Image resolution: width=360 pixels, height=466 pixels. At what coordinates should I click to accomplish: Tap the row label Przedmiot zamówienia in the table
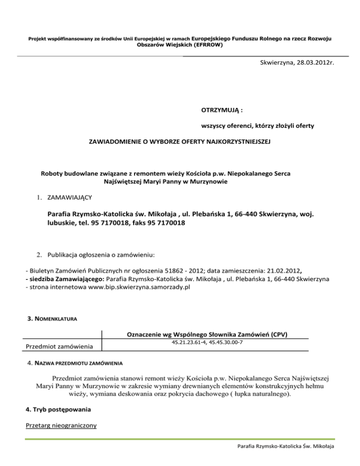coord(58,346)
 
